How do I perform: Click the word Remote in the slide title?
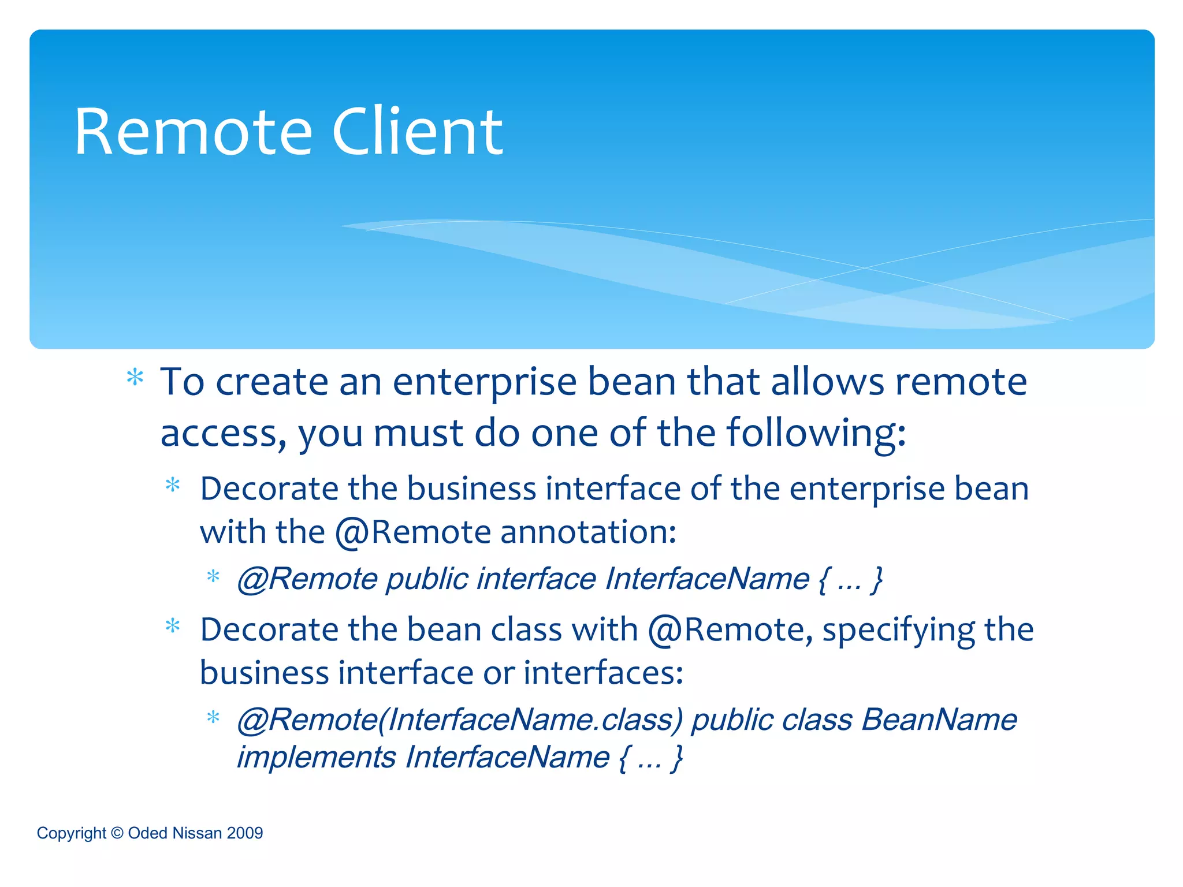193,132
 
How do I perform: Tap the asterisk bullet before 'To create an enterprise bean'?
135,378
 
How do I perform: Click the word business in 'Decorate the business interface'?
471,489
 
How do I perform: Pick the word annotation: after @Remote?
588,532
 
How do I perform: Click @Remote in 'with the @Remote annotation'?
413,533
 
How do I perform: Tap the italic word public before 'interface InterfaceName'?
427,579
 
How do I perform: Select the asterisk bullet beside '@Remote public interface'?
213,577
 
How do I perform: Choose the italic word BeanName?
939,720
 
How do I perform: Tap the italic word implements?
317,758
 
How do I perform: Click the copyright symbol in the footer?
117,833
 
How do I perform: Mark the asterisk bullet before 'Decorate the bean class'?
173,627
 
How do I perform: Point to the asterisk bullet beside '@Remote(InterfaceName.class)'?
213,718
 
